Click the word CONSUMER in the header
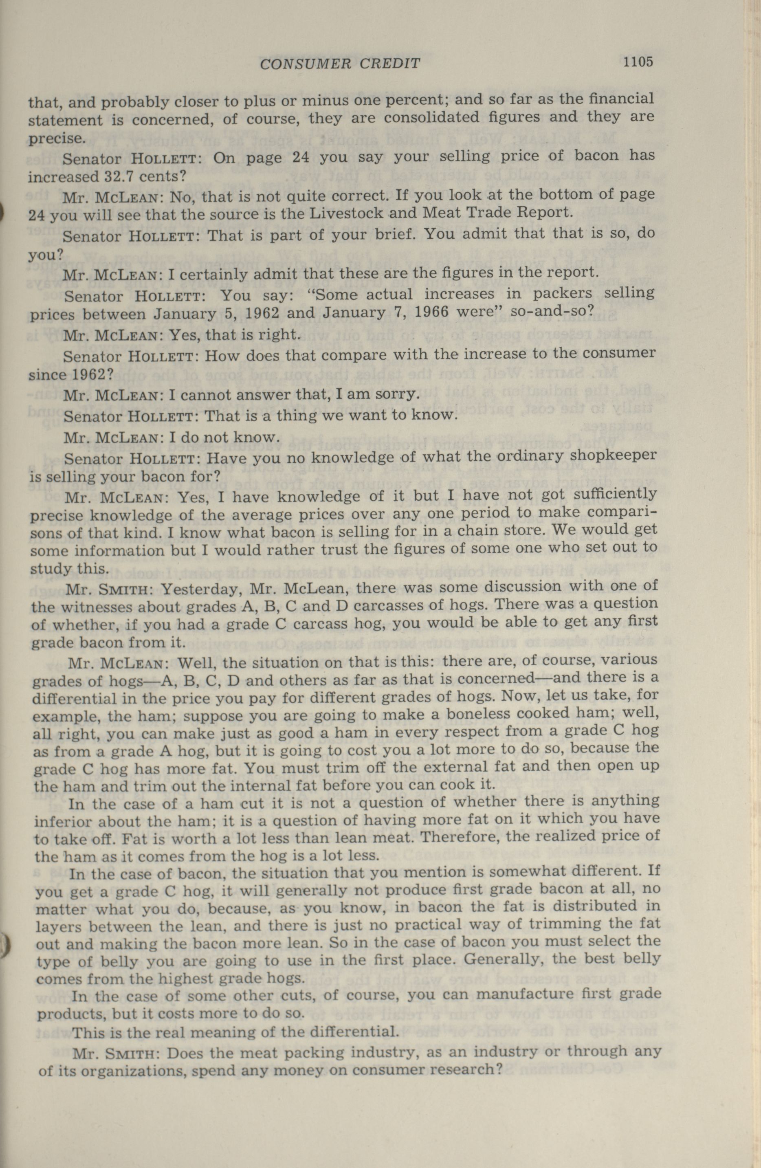302,64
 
